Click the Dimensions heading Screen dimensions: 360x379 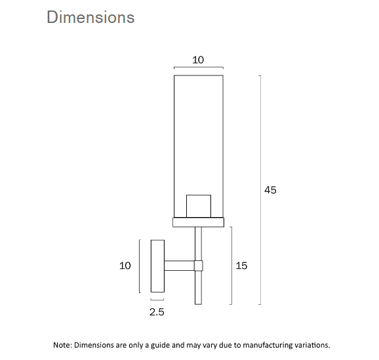coord(90,17)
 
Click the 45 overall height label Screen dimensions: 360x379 coord(270,190)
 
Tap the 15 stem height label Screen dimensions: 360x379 coord(241,266)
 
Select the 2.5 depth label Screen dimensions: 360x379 coord(157,313)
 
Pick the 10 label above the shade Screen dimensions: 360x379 coord(198,60)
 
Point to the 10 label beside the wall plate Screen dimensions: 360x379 coord(125,266)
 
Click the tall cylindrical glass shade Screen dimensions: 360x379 coord(198,131)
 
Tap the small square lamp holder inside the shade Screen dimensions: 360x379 coord(198,205)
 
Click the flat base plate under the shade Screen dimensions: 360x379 coord(198,222)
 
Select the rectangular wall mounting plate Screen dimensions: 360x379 coord(157,266)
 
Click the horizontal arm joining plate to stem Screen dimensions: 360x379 coord(178,266)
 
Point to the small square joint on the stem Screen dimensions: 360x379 coord(198,266)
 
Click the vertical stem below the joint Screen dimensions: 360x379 coord(198,289)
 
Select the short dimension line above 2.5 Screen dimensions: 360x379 coord(157,300)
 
